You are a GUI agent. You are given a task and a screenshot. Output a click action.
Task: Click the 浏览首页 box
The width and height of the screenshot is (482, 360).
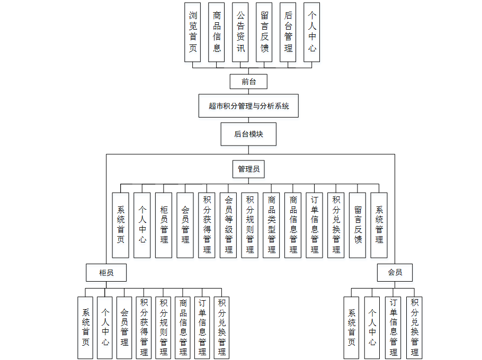click(x=193, y=32)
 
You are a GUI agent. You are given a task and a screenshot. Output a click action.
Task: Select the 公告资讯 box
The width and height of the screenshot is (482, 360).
click(x=240, y=32)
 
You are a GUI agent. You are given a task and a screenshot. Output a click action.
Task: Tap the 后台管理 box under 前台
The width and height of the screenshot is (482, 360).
click(x=288, y=32)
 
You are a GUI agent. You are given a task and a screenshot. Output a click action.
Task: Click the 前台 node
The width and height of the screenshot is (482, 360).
click(x=248, y=82)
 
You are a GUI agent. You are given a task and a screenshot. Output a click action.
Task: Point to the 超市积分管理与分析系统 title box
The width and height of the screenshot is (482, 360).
click(x=248, y=106)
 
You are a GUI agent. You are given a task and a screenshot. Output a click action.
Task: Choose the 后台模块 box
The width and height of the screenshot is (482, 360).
click(x=248, y=134)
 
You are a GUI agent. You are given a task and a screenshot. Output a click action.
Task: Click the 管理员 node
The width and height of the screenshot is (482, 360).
click(x=248, y=169)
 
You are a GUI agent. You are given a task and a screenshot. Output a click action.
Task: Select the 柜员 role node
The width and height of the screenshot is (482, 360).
click(x=106, y=273)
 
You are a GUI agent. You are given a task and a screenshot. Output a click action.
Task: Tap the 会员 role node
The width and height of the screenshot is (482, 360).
click(x=395, y=273)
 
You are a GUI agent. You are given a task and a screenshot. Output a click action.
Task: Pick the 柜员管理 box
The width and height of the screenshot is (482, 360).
click(x=164, y=224)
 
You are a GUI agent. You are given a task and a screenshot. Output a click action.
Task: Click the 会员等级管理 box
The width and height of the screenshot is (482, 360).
click(x=228, y=224)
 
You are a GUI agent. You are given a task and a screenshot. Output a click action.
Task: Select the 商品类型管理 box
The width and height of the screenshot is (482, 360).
click(x=271, y=224)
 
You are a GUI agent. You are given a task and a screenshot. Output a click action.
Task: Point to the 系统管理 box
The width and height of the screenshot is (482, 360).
click(x=379, y=224)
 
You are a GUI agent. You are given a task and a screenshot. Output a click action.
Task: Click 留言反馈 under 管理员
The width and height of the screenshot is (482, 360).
click(x=358, y=224)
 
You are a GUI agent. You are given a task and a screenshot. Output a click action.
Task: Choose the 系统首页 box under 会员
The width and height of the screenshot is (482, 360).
click(x=352, y=328)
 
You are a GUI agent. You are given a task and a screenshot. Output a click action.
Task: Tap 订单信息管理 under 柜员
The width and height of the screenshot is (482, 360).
click(x=202, y=328)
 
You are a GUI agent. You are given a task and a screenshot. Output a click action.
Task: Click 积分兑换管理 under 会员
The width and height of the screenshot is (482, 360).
click(x=414, y=328)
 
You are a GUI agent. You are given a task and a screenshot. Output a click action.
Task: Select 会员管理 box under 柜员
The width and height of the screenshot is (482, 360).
click(x=124, y=328)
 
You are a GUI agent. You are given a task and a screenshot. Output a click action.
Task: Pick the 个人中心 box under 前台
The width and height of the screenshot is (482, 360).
click(x=312, y=32)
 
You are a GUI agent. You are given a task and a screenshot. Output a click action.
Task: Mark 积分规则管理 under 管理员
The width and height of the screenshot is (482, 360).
click(x=250, y=224)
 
